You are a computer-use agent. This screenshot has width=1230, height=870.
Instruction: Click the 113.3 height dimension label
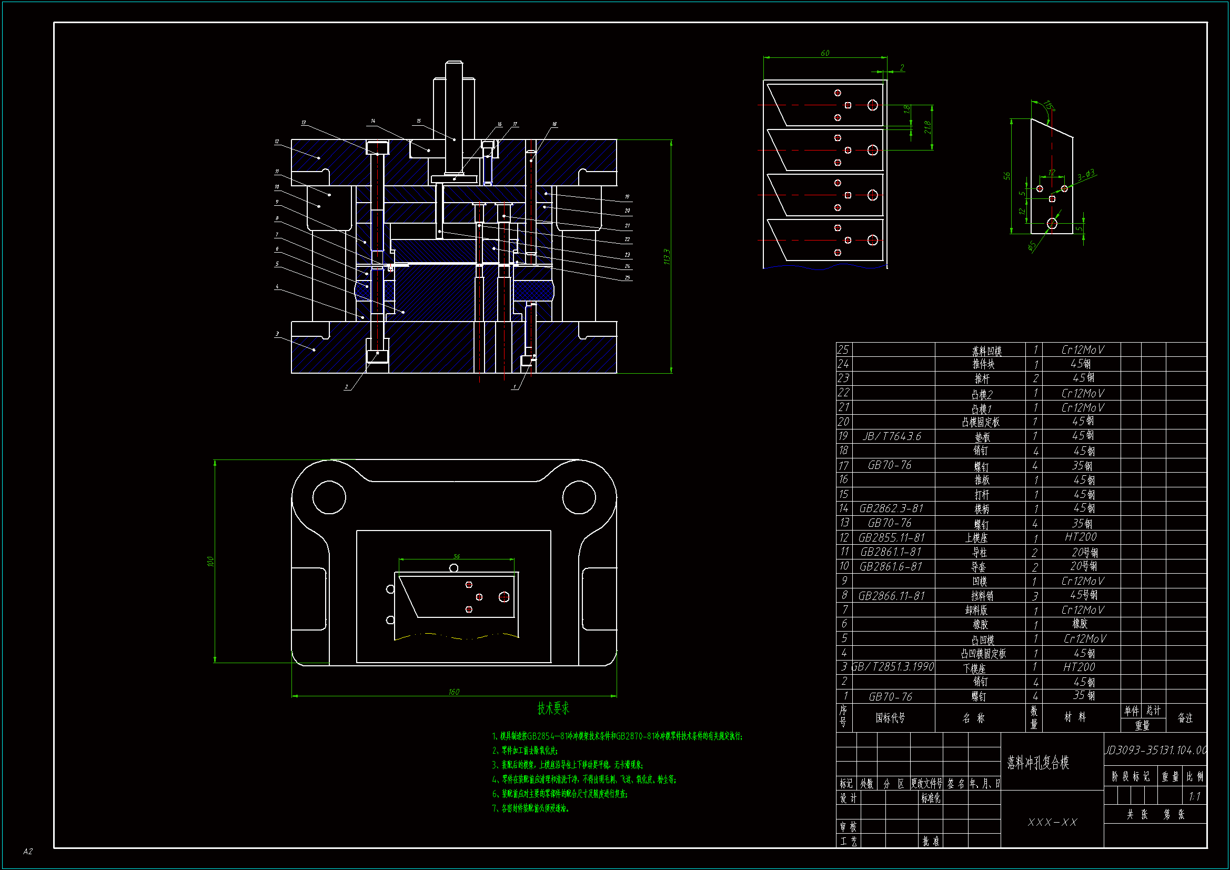pos(667,256)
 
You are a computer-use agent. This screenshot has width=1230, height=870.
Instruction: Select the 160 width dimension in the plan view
pos(453,692)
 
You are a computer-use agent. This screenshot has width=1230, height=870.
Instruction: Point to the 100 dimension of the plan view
pos(210,561)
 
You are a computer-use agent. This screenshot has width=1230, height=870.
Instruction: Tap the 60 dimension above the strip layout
pos(825,53)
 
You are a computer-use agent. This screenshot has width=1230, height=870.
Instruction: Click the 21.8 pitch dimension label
pos(927,127)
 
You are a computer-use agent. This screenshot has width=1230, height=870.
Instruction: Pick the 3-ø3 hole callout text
pos(1086,175)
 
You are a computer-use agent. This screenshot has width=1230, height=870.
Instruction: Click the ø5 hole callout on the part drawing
pos(1031,246)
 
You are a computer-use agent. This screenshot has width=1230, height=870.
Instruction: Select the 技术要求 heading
pos(553,708)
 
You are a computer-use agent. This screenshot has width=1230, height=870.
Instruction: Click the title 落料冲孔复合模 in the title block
pos(1037,762)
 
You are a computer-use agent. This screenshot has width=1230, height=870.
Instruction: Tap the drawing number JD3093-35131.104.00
pos(1155,750)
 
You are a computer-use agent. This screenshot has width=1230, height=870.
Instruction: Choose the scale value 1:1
pos(1194,796)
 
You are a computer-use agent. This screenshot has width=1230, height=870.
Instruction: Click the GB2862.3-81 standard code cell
pos(891,508)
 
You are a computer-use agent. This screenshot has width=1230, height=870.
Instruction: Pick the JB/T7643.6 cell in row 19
pos(892,436)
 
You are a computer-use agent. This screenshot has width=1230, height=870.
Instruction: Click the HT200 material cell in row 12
pos(1081,537)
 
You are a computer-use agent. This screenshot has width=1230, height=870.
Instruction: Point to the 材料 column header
pos(1075,717)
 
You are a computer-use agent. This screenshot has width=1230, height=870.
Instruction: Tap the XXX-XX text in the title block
pos(1052,822)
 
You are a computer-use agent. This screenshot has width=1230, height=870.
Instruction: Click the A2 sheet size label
pos(28,851)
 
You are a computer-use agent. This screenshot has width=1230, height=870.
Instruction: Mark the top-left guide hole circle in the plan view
pos(329,497)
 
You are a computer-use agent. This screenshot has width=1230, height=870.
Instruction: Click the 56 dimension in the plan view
pos(457,556)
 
